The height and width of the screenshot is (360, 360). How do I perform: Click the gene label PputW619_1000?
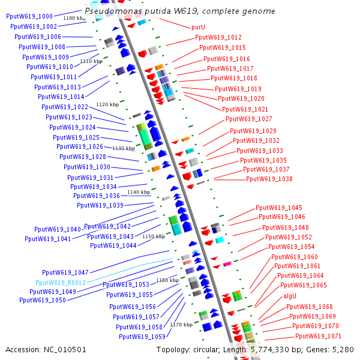pyautogui.click(x=29, y=16)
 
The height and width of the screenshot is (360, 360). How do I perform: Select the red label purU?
pyautogui.click(x=198, y=28)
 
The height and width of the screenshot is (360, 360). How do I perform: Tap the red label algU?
pyautogui.click(x=290, y=296)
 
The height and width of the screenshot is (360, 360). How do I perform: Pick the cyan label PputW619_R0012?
pyautogui.click(x=61, y=283)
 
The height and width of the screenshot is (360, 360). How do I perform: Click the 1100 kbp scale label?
pyautogui.click(x=74, y=19)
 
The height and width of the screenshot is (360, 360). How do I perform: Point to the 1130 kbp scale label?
pyautogui.click(x=124, y=148)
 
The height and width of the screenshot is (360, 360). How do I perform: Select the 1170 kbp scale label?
pyautogui.click(x=181, y=325)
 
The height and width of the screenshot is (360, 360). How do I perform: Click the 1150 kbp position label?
pyautogui.click(x=153, y=236)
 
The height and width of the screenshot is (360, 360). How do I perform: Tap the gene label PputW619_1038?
pyautogui.click(x=269, y=179)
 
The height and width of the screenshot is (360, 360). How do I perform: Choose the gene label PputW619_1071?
pyautogui.click(x=319, y=336)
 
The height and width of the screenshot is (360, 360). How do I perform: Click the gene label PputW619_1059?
pyautogui.click(x=142, y=337)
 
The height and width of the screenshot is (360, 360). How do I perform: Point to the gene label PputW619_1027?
pyautogui.click(x=249, y=119)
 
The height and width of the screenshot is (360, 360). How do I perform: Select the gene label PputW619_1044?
pyautogui.click(x=113, y=245)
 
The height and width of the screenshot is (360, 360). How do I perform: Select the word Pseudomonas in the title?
pyautogui.click(x=110, y=11)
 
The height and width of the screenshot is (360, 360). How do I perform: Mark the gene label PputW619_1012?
pyautogui.click(x=218, y=37)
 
